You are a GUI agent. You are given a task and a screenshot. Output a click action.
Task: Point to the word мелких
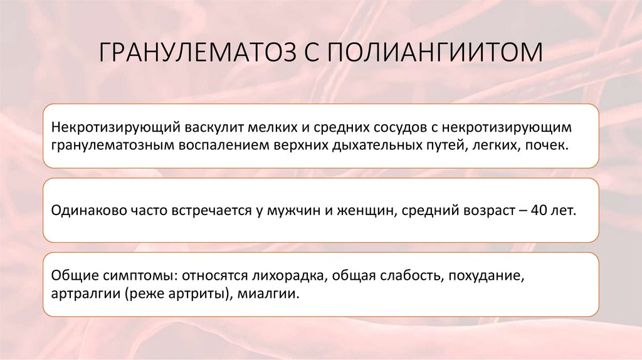[x=274, y=127]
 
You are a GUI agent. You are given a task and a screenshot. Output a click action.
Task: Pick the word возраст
[x=485, y=210]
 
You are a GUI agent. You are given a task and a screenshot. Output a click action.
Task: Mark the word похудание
[x=484, y=276]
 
